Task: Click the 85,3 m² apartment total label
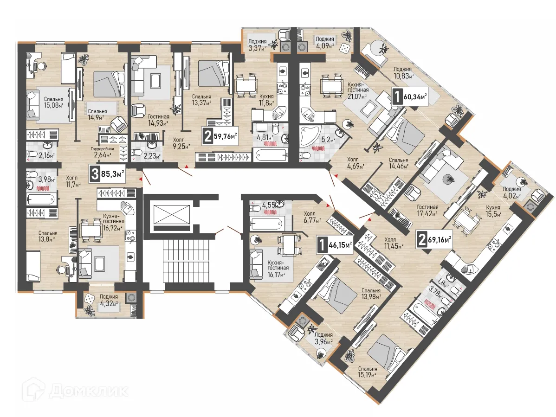point(109,174)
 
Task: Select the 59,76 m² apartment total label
point(220,136)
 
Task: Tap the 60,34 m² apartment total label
point(410,97)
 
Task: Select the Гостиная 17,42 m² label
point(427,211)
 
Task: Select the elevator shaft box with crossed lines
point(168,215)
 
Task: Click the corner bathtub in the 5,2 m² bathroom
point(309,135)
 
